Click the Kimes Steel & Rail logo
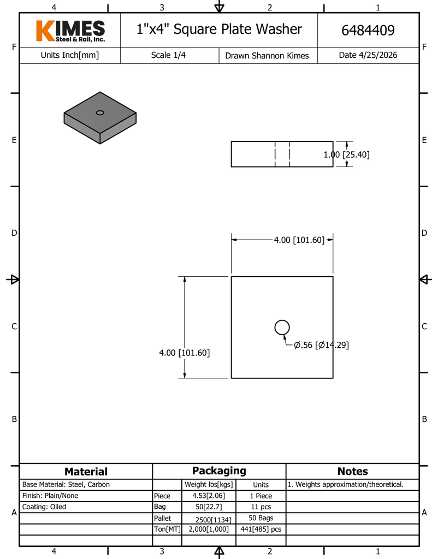click(70, 31)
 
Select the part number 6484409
click(368, 31)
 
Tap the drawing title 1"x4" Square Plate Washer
click(219, 29)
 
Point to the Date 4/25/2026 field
click(368, 55)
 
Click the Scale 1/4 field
click(168, 55)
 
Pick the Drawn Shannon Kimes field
click(267, 56)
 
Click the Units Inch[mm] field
click(70, 55)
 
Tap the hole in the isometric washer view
click(100, 112)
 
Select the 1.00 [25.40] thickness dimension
click(346, 154)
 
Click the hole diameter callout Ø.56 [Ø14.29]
click(322, 345)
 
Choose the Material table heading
click(86, 472)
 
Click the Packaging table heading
click(219, 471)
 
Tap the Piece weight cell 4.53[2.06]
click(209, 496)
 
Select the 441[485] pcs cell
click(261, 529)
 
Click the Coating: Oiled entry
click(44, 507)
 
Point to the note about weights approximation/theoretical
click(346, 485)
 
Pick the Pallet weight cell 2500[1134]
click(214, 520)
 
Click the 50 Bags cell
click(261, 518)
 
